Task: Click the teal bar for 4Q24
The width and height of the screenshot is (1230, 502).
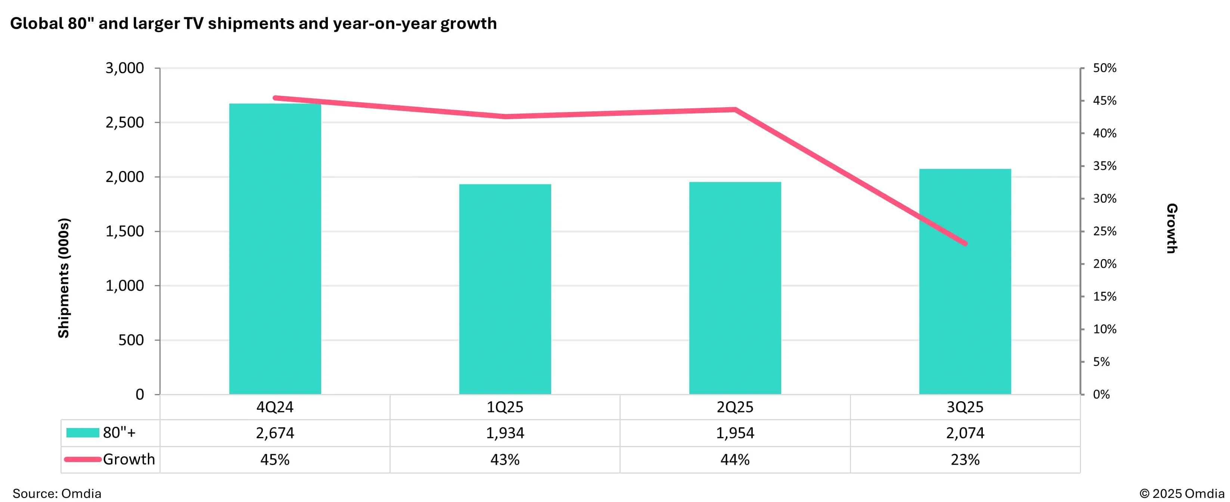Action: [x=275, y=248]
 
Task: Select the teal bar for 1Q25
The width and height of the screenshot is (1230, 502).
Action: [x=505, y=289]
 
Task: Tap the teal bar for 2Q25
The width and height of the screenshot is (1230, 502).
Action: [x=735, y=288]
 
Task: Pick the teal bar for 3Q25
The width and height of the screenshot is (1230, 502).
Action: [x=965, y=282]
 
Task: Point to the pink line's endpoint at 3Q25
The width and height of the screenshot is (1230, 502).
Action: [x=965, y=244]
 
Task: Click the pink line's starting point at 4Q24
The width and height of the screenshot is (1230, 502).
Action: [x=276, y=98]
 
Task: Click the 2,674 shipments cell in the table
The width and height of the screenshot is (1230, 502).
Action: [x=275, y=433]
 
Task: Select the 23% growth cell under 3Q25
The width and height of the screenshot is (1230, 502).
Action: [x=965, y=459]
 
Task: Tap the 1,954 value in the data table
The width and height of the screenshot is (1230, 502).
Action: [x=735, y=433]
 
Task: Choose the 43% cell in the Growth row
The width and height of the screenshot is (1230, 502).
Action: [x=505, y=459]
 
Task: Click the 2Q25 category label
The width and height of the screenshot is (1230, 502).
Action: [x=735, y=407]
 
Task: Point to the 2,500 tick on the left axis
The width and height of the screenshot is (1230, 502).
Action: [x=125, y=123]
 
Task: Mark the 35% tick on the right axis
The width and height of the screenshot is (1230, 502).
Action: [x=1105, y=166]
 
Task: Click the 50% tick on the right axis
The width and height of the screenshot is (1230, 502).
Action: [x=1105, y=68]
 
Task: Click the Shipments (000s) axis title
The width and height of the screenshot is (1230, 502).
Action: [x=63, y=278]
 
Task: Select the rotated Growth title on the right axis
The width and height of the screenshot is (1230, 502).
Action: [x=1171, y=228]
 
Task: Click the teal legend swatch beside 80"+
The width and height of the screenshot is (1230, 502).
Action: [x=83, y=433]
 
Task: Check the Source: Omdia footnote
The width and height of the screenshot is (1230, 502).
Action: [x=57, y=493]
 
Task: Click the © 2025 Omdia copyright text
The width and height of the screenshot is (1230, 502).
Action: [x=1181, y=493]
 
